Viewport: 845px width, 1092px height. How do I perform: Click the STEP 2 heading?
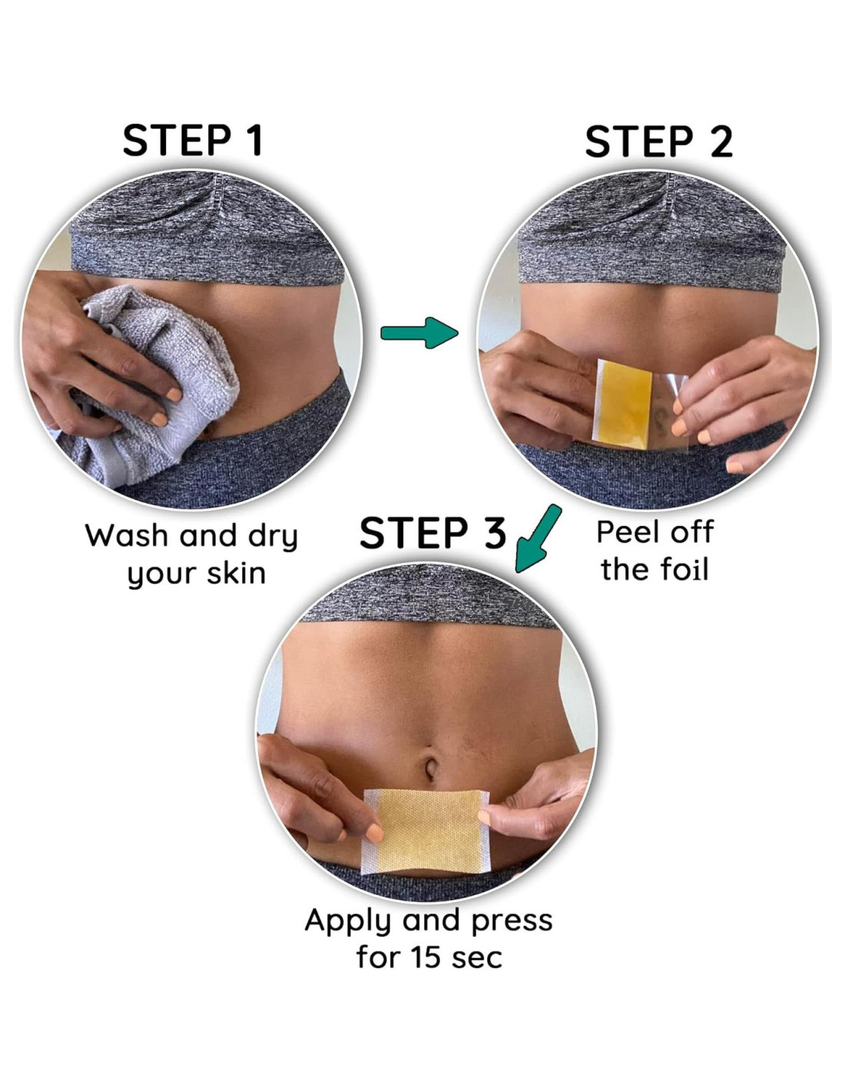coord(659,142)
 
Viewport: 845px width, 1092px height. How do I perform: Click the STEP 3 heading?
coord(432,533)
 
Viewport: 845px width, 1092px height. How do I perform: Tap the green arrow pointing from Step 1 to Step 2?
coord(419,333)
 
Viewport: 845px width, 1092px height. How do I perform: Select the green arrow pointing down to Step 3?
coord(537,539)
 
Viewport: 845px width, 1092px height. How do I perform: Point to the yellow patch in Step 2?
coord(623,403)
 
